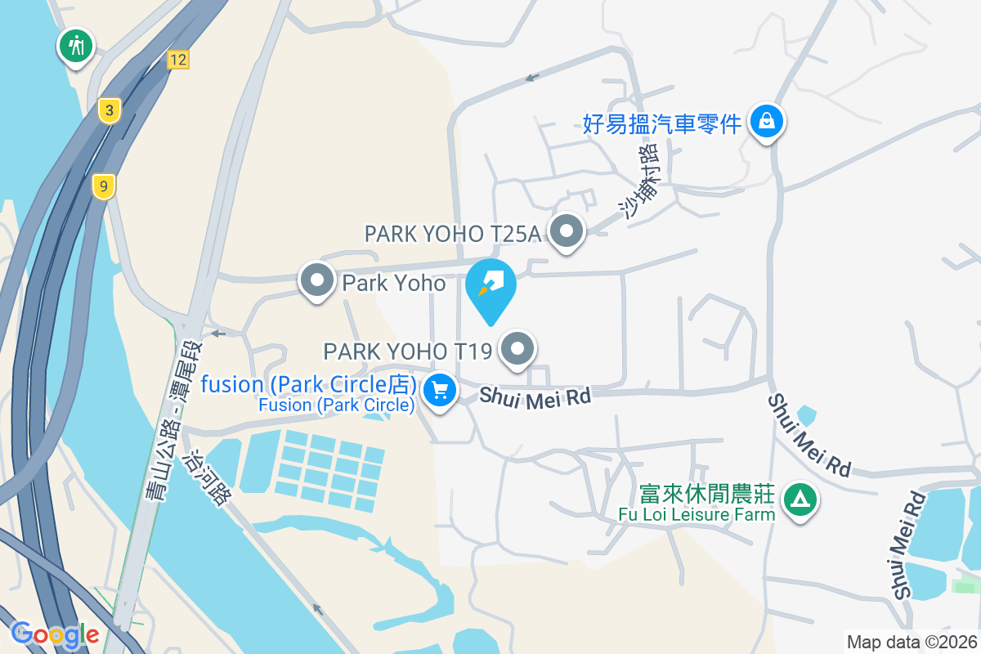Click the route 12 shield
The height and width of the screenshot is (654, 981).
[178, 59]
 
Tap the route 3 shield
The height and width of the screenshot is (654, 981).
[108, 110]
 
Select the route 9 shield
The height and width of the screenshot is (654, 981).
[103, 186]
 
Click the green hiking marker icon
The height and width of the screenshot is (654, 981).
[76, 45]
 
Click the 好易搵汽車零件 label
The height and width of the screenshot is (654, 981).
[662, 123]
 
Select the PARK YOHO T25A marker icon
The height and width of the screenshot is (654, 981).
[566, 232]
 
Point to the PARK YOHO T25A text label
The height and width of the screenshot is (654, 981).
[453, 234]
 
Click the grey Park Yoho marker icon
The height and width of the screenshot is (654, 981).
[317, 281]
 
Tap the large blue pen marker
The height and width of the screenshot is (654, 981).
[490, 288]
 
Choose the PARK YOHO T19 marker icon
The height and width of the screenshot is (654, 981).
[517, 350]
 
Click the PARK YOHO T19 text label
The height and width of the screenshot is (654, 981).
[408, 352]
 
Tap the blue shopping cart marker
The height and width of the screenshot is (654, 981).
[441, 391]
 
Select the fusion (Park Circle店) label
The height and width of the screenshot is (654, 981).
[310, 384]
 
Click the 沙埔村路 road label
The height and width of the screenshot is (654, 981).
[639, 181]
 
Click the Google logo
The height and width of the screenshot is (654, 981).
[55, 634]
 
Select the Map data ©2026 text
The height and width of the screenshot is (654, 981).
[912, 642]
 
